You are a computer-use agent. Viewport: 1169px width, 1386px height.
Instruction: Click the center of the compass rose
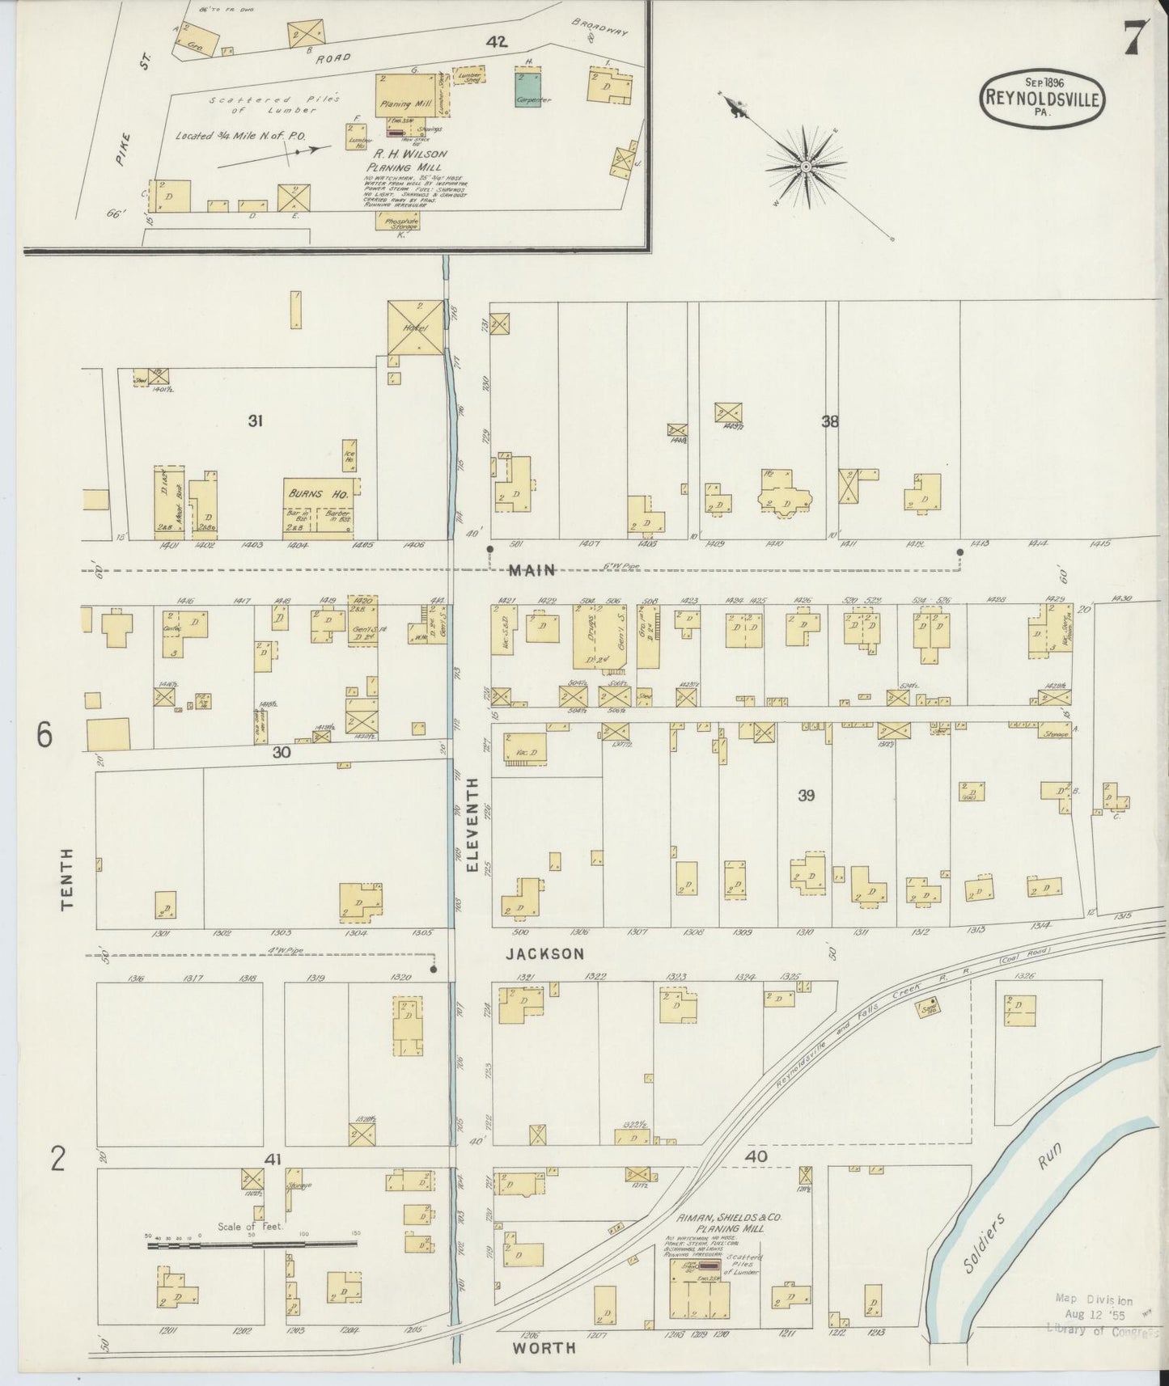coord(806,167)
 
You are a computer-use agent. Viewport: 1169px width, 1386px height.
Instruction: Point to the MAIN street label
coord(532,571)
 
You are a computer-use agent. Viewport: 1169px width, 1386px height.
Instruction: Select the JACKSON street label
coord(544,954)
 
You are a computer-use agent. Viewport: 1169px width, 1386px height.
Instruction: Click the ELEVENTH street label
coord(472,824)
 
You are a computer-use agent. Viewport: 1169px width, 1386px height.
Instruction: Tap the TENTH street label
coord(67,878)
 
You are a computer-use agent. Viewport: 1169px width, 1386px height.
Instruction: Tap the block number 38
coord(829,420)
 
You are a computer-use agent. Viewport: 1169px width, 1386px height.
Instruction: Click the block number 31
coord(256,420)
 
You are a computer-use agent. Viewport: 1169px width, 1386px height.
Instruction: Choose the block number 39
coord(806,796)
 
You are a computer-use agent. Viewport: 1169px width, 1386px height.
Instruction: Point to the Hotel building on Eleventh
coord(416,327)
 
